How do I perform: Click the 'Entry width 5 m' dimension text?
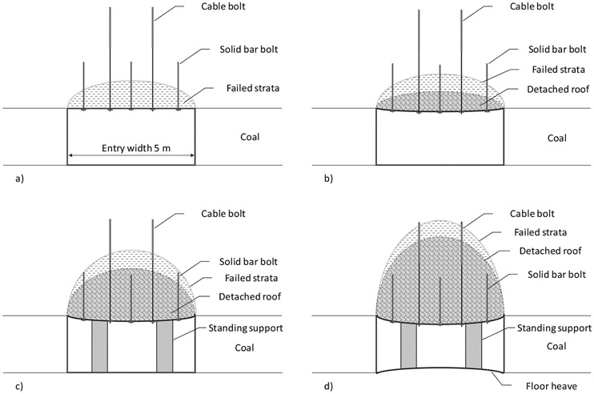click(131, 148)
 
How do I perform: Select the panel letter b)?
click(328, 179)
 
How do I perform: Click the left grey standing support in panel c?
click(99, 345)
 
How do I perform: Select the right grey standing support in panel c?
click(164, 345)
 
